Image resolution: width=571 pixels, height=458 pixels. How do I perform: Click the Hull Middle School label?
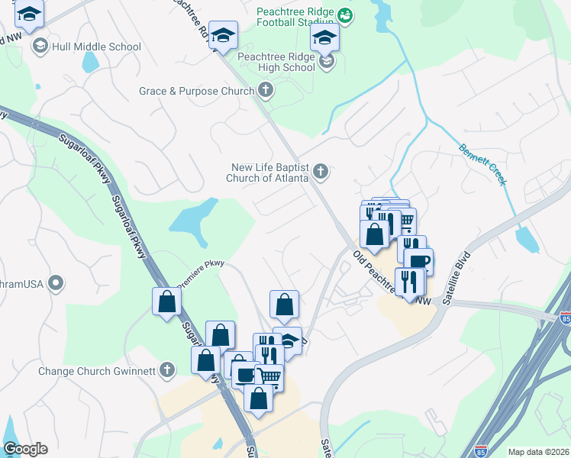[96, 47]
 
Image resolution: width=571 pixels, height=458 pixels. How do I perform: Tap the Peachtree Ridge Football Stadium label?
[294, 19]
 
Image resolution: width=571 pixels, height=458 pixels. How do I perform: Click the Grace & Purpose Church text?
[196, 92]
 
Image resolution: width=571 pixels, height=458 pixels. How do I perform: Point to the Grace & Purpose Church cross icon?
[266, 92]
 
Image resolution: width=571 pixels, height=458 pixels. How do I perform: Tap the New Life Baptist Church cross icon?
[321, 173]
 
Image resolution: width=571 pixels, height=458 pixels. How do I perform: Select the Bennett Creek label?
[482, 165]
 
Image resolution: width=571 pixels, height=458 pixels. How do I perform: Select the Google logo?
[25, 449]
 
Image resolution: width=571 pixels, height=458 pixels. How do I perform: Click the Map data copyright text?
[538, 452]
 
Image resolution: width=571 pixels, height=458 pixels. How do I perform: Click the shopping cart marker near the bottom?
[269, 376]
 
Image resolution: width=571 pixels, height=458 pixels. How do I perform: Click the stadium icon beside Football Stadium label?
[344, 15]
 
